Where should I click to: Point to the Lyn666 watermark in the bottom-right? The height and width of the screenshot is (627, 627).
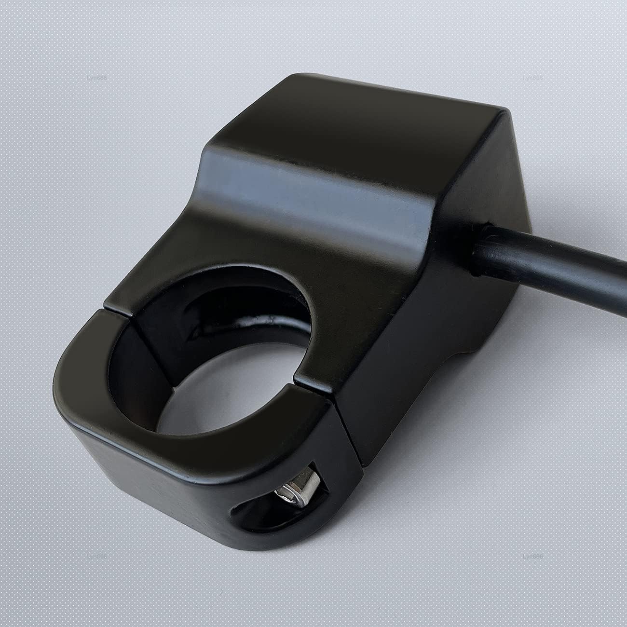pyautogui.click(x=532, y=556)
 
